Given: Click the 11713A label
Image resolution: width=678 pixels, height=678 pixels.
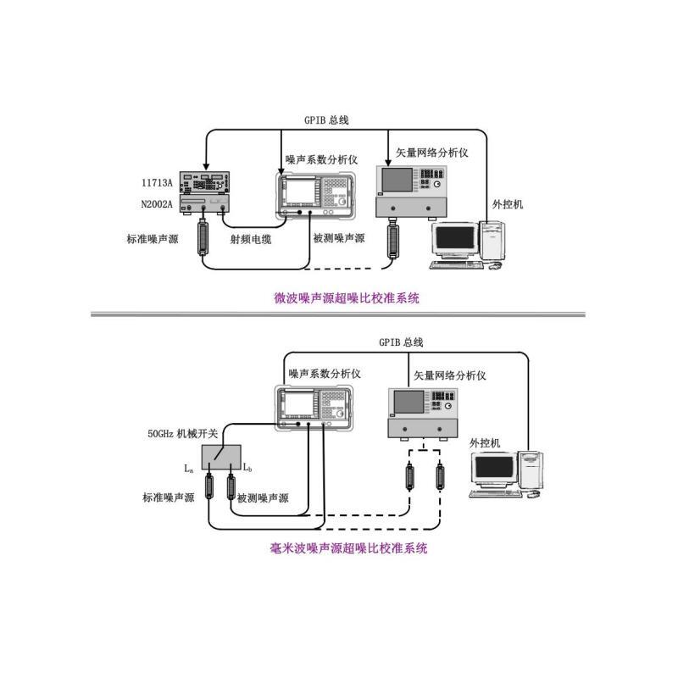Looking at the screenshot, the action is (157, 183).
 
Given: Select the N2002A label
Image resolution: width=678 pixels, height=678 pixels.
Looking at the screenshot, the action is (157, 204).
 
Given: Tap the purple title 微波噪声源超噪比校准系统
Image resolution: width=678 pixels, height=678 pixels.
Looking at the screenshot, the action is (347, 298).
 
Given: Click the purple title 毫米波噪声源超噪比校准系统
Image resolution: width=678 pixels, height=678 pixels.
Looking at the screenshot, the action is (348, 548).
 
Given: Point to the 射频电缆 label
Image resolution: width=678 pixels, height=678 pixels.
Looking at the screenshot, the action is (251, 239).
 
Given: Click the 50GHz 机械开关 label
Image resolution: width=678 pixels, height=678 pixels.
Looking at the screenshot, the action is (183, 433).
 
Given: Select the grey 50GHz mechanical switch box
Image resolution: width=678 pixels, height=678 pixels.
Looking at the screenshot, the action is (221, 456).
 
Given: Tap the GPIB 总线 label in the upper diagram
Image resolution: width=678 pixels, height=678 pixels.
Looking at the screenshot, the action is (326, 120).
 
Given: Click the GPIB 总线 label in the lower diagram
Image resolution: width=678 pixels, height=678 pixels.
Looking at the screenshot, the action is (401, 342).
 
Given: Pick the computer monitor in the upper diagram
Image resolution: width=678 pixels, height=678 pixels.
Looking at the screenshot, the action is (455, 240).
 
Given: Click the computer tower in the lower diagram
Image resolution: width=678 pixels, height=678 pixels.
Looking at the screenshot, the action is (531, 471).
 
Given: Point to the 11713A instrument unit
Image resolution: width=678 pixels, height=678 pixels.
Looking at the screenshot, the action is (204, 182).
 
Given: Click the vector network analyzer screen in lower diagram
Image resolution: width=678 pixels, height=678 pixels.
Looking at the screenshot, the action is (408, 402).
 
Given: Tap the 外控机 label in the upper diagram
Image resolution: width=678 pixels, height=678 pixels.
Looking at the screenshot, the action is (508, 204).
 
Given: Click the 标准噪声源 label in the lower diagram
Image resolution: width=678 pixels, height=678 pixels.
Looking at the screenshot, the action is (169, 497).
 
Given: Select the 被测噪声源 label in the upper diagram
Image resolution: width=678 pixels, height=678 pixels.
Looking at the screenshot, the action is (339, 238).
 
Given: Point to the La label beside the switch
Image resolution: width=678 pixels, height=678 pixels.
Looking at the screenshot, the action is (189, 469).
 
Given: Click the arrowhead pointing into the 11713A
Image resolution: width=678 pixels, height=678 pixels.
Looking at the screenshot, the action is (206, 167).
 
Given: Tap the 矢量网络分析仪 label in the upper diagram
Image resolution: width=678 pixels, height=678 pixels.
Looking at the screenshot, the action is (432, 153).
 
